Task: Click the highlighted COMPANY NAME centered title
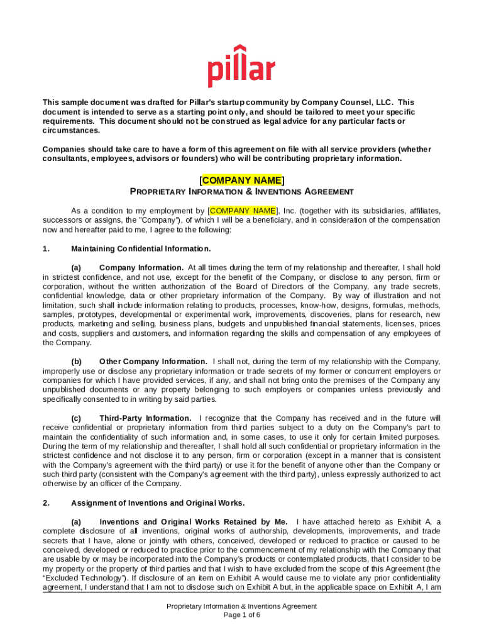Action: point(241,180)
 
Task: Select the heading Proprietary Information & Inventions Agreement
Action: point(241,192)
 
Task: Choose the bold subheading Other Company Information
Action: point(153,361)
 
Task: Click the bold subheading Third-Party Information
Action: point(145,418)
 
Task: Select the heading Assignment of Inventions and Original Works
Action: point(158,503)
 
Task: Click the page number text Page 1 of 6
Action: point(242,615)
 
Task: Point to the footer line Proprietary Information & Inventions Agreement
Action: point(242,606)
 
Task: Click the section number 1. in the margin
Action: point(46,248)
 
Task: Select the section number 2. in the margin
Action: point(46,503)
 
